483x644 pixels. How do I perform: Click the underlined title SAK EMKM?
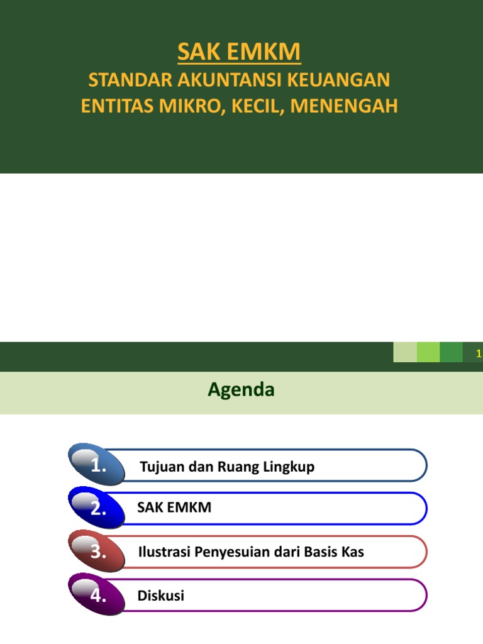tap(239, 53)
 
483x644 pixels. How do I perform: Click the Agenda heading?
tap(241, 390)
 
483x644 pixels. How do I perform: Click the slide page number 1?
tap(479, 354)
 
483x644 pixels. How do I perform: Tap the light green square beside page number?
tap(405, 352)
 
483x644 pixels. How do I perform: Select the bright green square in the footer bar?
tap(428, 352)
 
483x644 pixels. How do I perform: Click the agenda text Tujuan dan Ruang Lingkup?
tap(227, 467)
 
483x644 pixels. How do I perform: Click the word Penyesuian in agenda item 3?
tap(232, 553)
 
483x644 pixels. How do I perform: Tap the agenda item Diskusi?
tap(161, 596)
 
